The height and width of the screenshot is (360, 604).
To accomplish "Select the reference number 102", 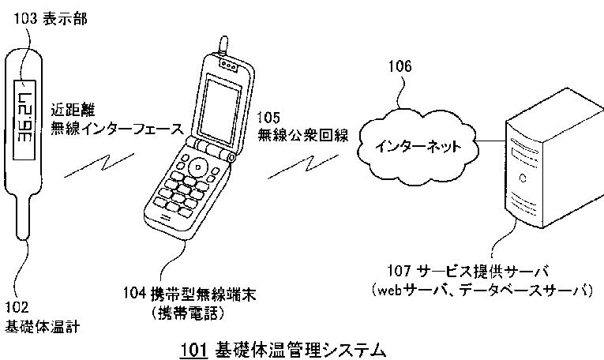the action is click(x=17, y=307).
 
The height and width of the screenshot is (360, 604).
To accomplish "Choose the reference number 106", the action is click(x=399, y=68).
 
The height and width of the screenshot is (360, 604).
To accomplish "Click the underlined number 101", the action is click(x=193, y=347).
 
